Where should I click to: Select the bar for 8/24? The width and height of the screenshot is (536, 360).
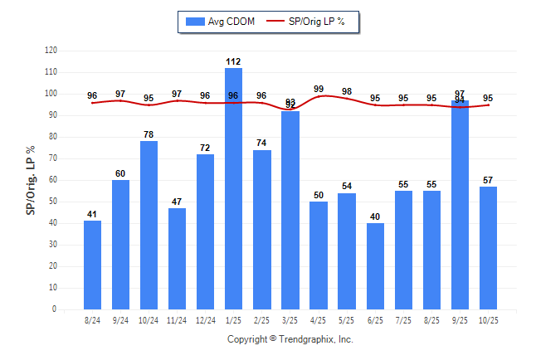pos(92,265)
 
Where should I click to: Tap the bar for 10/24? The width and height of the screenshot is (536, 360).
pos(149,225)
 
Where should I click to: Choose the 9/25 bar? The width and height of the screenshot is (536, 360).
pos(460,205)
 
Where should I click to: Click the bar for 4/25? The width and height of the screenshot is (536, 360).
pos(319,255)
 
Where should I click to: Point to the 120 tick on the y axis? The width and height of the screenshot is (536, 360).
pos(51,51)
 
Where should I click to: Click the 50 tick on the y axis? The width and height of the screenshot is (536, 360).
pos(53,202)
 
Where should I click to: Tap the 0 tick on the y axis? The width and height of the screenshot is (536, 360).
pos(55,309)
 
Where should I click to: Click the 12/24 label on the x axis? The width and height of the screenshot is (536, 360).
pos(205,320)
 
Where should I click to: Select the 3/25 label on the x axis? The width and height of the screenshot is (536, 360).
pos(290,320)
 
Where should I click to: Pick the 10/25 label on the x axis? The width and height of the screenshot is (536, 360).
pos(488,320)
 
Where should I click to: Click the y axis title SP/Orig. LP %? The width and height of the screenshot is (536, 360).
pos(31,180)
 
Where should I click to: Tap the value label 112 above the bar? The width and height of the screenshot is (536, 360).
pos(233,61)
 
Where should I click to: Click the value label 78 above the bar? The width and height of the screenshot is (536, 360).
pos(149,134)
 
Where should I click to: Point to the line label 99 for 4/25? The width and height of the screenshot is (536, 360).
pos(319,89)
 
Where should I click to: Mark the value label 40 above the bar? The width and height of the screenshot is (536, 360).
pos(375,216)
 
